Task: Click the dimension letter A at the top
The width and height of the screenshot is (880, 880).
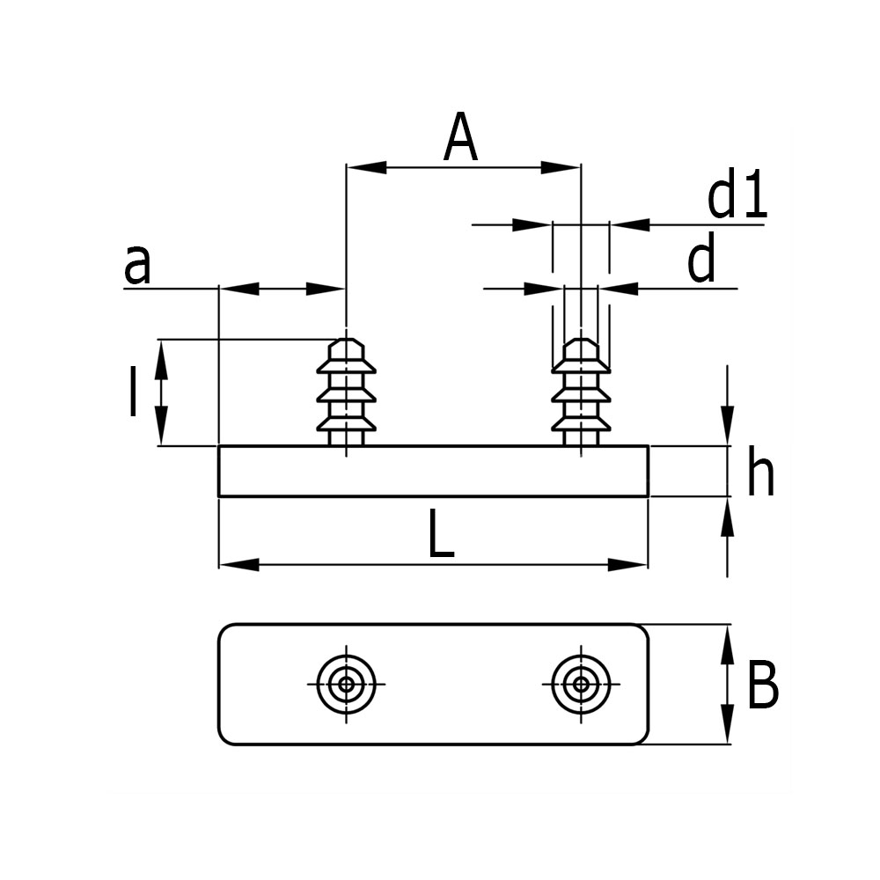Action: click(460, 139)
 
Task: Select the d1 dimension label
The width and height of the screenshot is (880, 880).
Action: click(737, 197)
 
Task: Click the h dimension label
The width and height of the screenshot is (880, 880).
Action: click(760, 474)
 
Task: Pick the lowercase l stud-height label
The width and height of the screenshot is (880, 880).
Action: click(132, 392)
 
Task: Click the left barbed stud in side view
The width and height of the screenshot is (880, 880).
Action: click(347, 392)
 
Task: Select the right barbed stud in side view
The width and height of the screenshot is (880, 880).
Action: click(581, 392)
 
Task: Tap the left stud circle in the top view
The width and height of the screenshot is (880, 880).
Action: click(347, 684)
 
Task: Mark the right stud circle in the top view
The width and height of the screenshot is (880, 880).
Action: click(581, 684)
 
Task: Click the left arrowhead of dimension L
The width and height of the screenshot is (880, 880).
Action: click(238, 564)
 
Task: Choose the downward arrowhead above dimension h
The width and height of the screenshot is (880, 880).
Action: click(728, 426)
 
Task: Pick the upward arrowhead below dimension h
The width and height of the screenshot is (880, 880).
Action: click(728, 517)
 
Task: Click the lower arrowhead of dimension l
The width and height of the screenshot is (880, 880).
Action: click(161, 428)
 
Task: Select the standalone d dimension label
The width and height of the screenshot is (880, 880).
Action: click(701, 262)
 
